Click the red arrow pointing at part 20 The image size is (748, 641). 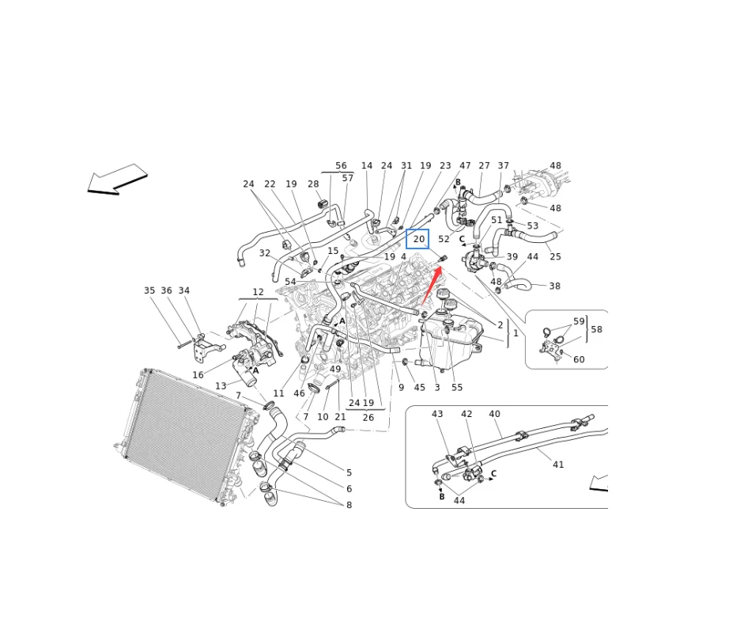pyautogui.click(x=431, y=286)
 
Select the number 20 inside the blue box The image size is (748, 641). pyautogui.click(x=419, y=239)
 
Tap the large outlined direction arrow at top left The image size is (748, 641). pyautogui.click(x=117, y=180)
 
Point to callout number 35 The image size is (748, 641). pyautogui.click(x=149, y=290)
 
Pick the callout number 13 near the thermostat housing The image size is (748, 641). pyautogui.click(x=221, y=385)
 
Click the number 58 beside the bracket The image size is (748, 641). pyautogui.click(x=596, y=329)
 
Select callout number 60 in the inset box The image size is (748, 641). pyautogui.click(x=579, y=359)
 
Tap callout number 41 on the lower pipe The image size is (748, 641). pyautogui.click(x=558, y=465)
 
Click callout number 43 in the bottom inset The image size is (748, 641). pyautogui.click(x=437, y=414)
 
